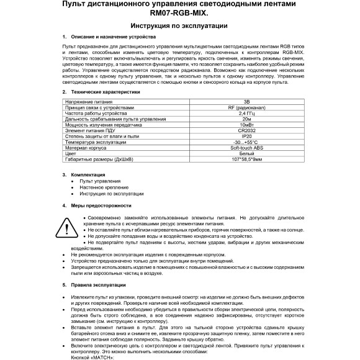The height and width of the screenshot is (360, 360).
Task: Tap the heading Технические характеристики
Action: tap(106, 91)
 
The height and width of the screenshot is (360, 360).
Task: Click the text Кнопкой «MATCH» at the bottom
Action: tap(94, 358)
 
